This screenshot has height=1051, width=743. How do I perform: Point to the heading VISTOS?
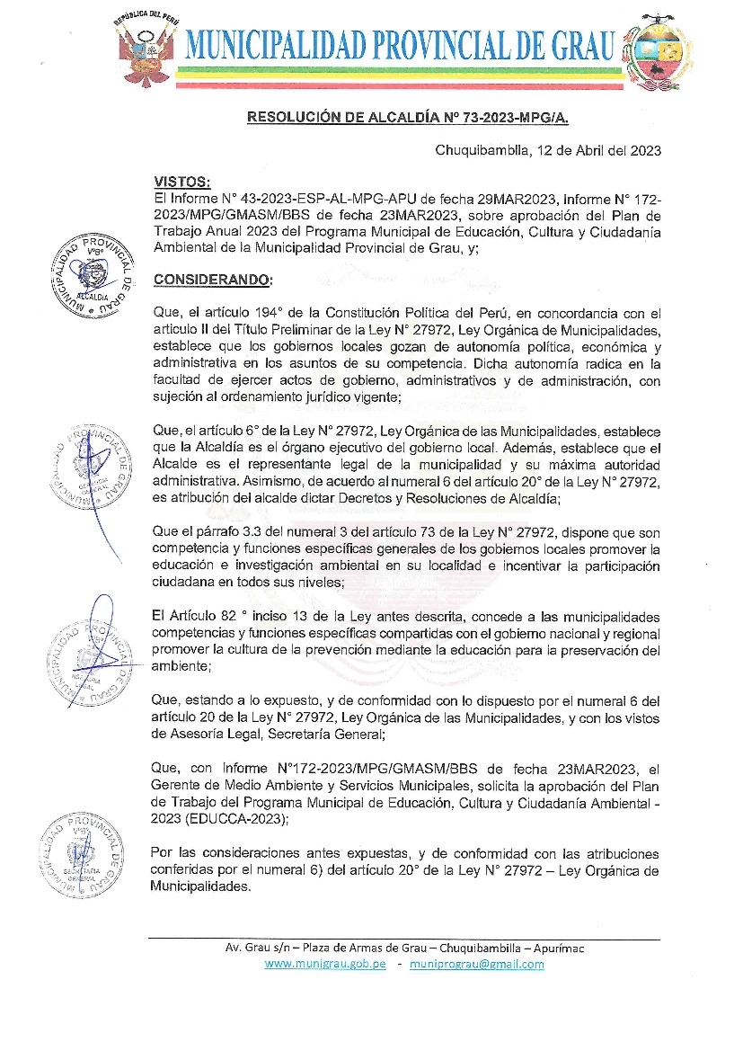point(181,183)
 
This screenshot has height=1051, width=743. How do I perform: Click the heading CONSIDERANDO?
point(212,280)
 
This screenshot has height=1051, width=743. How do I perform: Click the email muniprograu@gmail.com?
point(476,964)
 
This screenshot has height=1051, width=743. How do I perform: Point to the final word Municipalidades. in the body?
point(203,886)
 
